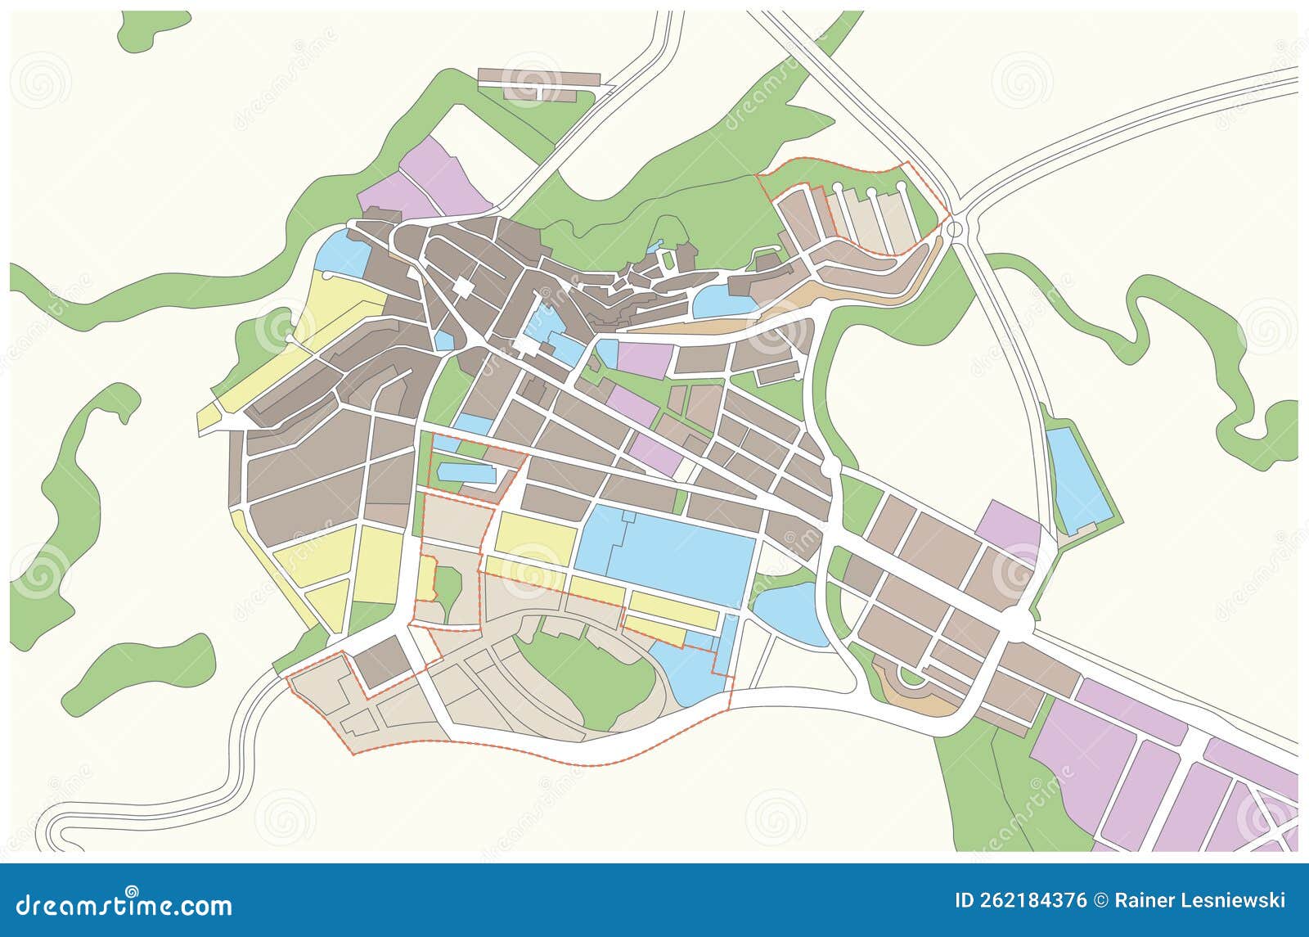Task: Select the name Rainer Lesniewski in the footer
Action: [x=1200, y=901]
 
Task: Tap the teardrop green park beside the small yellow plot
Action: [x=448, y=589]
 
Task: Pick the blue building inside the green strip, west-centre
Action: [x=466, y=473]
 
